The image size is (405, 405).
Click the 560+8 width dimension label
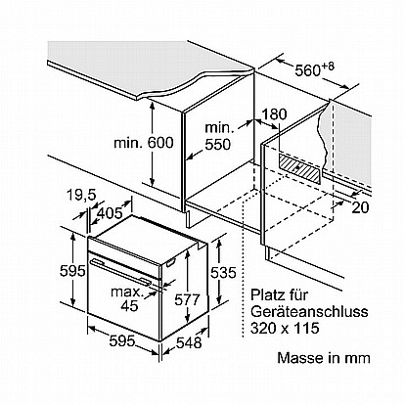pos(315,68)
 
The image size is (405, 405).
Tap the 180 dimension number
pos(274,114)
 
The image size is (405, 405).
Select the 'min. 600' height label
pos(144,143)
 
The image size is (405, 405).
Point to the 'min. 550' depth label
pos(218,136)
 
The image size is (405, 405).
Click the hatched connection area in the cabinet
pos(298,167)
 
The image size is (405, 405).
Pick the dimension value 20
pos(360,207)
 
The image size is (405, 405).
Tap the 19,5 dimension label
pos(81,195)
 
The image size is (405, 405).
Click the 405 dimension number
pos(110,213)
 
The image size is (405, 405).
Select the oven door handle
pos(121,271)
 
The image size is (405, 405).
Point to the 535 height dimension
pos(223,272)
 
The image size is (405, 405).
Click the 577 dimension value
pos(187,299)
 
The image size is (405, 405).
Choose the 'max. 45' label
pos(128,298)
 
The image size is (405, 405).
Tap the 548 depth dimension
pos(189,342)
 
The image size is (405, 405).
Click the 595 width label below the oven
pos(122,341)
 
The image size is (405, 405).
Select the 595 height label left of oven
pos(72,271)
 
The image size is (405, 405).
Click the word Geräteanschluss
pos(309,312)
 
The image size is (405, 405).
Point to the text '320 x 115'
pos(285,328)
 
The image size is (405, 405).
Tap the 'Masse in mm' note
pos(324,358)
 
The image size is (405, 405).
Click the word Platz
pos(267,295)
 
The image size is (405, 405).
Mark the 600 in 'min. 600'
pos(160,143)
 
